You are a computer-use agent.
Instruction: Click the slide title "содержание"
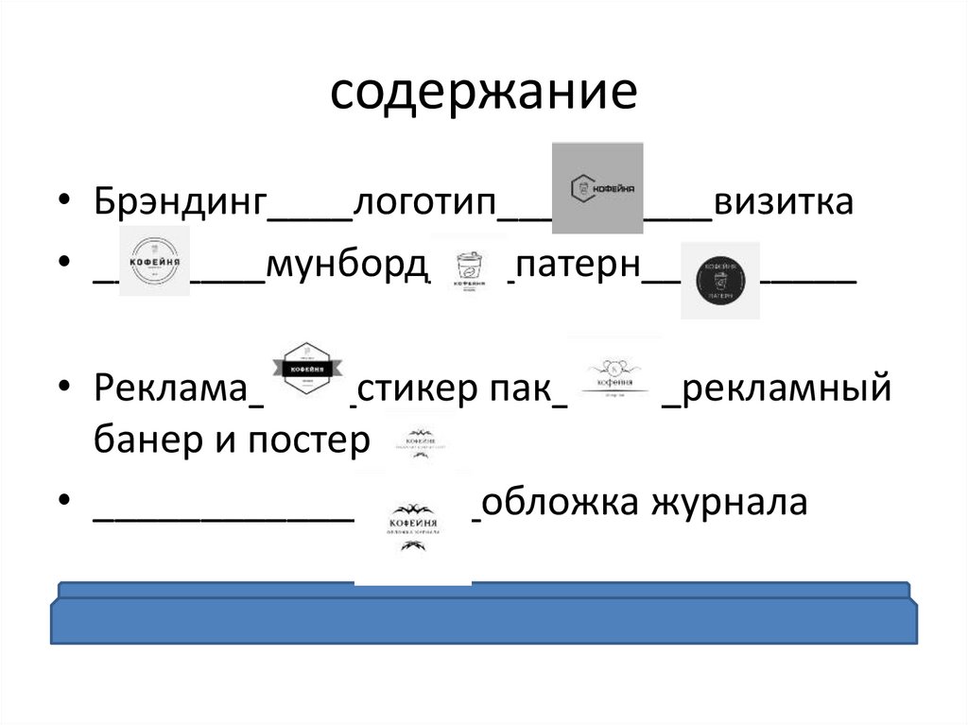pyautogui.click(x=484, y=95)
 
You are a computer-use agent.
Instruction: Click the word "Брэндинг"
pyautogui.click(x=181, y=202)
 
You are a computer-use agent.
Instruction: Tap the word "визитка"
pyautogui.click(x=784, y=202)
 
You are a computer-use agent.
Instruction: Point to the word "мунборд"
pyautogui.click(x=347, y=268)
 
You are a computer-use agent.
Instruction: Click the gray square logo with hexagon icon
pyautogui.click(x=597, y=187)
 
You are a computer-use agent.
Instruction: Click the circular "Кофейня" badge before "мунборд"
pyautogui.click(x=155, y=261)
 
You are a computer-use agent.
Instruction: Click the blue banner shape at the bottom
pyautogui.click(x=484, y=620)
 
